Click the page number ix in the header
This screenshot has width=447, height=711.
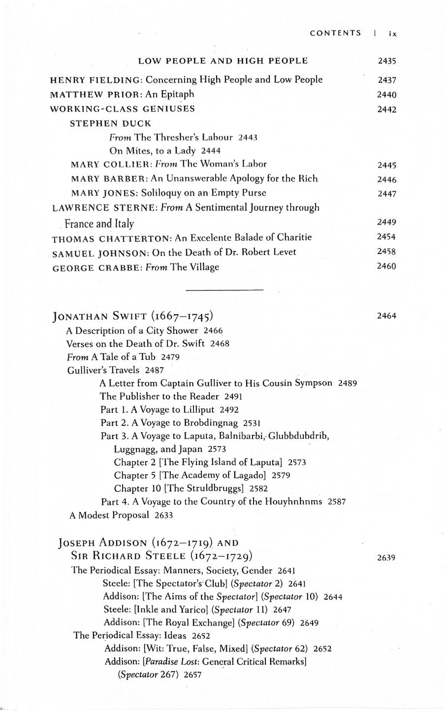392,33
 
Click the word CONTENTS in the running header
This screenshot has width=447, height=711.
335,33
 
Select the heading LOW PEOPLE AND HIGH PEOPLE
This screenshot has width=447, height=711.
223,61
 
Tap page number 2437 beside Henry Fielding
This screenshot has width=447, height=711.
387,80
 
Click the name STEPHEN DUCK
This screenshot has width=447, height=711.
110,123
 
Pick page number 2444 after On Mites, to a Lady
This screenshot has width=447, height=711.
211,151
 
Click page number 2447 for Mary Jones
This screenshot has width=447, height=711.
387,194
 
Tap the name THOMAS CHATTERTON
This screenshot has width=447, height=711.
111,238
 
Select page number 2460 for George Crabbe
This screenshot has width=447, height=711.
387,266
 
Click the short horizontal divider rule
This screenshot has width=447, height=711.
224,290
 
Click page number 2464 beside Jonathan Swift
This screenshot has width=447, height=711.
387,316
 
